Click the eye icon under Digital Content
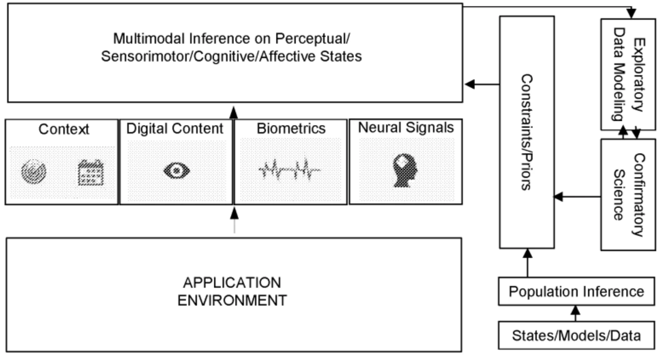[177, 171]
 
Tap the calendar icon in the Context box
[90, 172]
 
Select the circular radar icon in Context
[34, 172]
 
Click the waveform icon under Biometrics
[289, 170]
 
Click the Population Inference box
[576, 291]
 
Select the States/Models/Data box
[576, 336]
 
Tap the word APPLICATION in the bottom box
[232, 283]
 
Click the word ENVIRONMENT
[232, 301]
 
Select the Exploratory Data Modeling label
[628, 74]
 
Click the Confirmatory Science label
[628, 195]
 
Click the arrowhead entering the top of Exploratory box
[631, 13]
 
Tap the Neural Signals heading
[406, 127]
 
